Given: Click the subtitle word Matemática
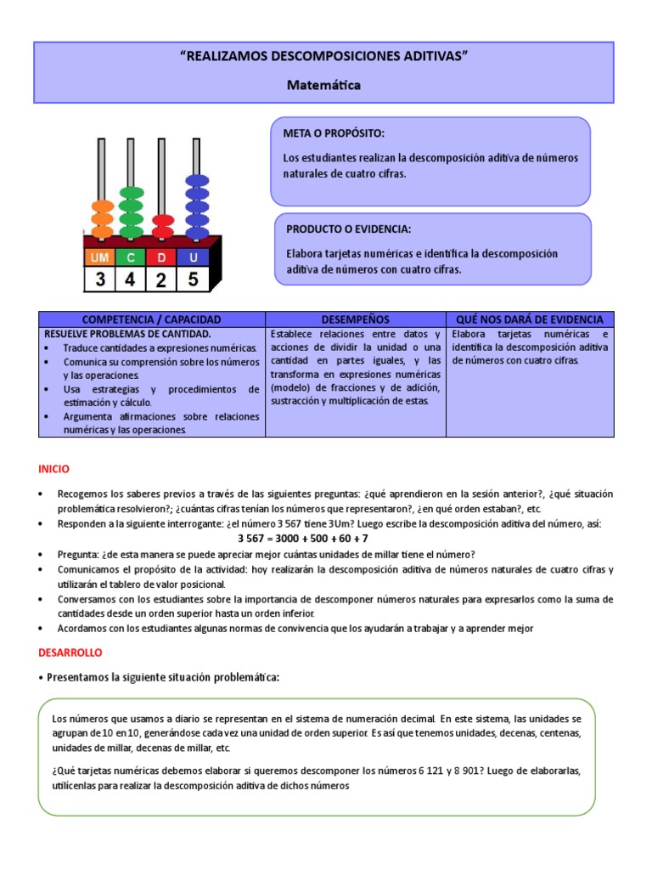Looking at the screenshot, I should point(323,85).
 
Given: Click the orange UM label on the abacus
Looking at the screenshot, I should point(100,257).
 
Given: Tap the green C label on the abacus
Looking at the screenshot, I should point(131,257).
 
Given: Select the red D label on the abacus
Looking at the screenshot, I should point(161,257).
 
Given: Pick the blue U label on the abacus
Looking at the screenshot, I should point(193,257).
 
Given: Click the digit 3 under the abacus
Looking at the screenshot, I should point(100,279).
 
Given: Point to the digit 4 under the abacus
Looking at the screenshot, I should point(131,279).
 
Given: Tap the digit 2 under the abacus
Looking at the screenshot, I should point(161,279).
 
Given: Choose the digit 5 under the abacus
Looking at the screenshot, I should point(193,279).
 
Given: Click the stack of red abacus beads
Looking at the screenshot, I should point(162,226).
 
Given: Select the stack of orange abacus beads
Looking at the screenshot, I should point(102,218).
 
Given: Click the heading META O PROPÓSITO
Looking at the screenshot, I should point(334,134).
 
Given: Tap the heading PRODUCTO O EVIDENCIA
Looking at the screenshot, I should point(349,229).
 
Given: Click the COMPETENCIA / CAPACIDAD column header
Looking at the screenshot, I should point(152,319).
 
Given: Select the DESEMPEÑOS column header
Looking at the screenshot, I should point(355,319).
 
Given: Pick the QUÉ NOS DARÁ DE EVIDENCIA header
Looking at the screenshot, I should point(530,319).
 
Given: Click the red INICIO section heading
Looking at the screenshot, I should point(53,469).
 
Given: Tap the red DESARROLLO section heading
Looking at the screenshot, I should point(70,652).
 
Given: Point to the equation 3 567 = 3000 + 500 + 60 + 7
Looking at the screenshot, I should point(303,539).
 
